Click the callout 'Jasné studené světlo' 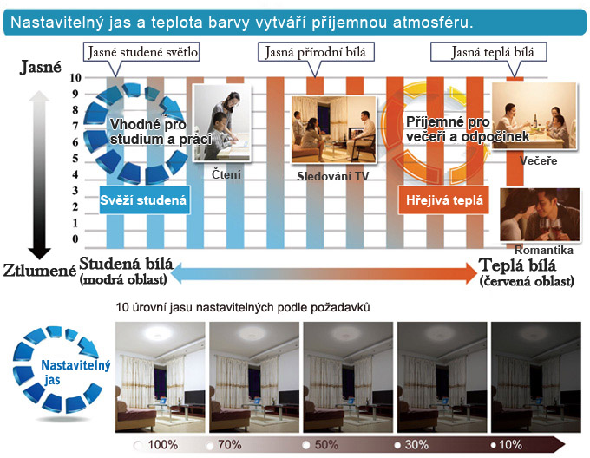point(141,52)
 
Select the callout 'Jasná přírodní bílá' point(316,52)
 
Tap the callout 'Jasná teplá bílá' point(488,52)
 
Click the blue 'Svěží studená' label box point(143,200)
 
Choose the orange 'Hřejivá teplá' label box point(444,200)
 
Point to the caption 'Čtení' point(226,174)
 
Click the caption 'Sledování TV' point(333,176)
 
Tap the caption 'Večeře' point(538,161)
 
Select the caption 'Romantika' point(544,250)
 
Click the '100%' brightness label point(163,445)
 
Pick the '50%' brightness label point(326,445)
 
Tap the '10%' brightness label point(510,445)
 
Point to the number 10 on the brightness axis point(75,77)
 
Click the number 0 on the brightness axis point(75,239)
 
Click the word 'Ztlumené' point(40,270)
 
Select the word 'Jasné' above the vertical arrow point(41,67)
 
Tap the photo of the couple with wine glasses point(540,215)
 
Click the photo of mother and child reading point(222,123)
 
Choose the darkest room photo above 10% point(536,377)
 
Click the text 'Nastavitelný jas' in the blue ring point(75,372)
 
